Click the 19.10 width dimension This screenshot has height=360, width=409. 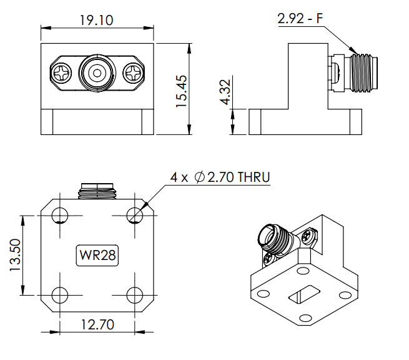[96, 21]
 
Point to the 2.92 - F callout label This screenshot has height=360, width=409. [300, 19]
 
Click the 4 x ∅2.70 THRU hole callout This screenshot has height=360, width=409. [220, 178]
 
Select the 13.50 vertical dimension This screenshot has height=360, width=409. [15, 256]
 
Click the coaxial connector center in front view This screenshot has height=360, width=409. [97, 73]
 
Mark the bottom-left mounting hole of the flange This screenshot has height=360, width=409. [60, 295]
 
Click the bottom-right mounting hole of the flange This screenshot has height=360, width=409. [135, 295]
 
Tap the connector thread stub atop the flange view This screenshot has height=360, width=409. [97, 191]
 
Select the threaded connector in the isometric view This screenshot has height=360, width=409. [275, 238]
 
